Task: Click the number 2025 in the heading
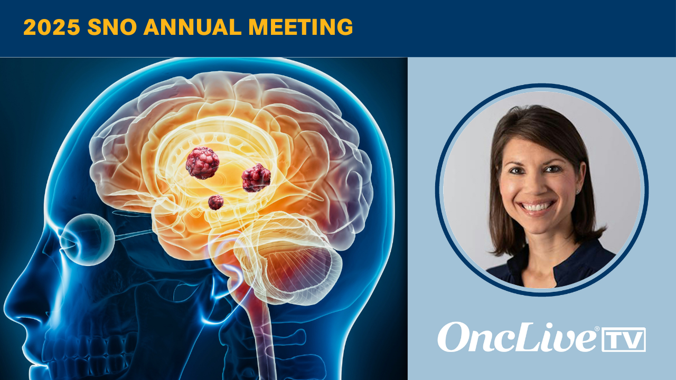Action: [52, 27]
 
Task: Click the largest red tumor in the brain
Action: [202, 163]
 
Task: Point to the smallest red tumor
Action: [215, 202]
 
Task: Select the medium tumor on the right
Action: [256, 178]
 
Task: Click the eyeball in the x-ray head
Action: [87, 239]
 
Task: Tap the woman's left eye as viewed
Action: [515, 171]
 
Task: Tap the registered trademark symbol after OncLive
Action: [597, 329]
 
